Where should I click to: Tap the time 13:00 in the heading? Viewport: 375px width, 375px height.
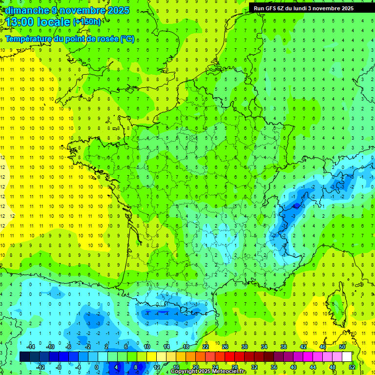coord(20,22)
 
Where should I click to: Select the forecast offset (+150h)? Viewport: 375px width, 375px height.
coord(87,22)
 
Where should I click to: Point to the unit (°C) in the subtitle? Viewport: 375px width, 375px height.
coord(127,39)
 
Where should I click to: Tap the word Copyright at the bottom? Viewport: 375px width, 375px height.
coord(185,372)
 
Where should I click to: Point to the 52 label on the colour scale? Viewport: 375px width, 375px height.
coord(352,367)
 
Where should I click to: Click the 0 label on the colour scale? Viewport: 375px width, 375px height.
coord(97,367)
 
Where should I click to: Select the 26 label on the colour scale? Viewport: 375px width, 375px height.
coord(225,346)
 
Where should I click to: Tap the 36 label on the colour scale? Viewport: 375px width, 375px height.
coord(273,367)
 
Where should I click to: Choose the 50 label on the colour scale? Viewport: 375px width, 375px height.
coord(342,346)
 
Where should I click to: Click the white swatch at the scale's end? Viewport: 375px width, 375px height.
coord(347,357)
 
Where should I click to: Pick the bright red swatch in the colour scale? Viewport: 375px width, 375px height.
coord(229,357)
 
